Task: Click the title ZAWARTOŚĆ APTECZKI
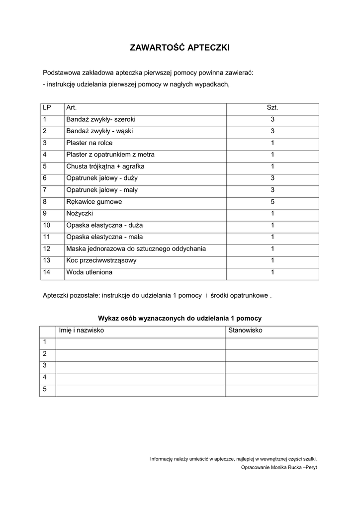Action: tap(180, 48)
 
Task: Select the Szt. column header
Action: tap(272, 108)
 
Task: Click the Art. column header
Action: tap(72, 108)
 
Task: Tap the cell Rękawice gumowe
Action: tap(94, 202)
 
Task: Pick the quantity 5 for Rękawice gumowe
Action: tap(272, 202)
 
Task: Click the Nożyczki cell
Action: tap(80, 214)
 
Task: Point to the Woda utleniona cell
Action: tap(90, 272)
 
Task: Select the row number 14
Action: tap(47, 272)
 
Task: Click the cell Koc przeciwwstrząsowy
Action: tap(101, 260)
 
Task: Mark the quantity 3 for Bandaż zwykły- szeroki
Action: tap(272, 120)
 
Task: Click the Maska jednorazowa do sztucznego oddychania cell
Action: tap(136, 249)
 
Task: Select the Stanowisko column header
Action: tap(245, 331)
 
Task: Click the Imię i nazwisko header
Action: tap(82, 331)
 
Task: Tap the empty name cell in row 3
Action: tap(141, 367)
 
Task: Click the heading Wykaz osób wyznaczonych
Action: tap(180, 318)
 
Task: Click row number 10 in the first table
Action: tap(47, 225)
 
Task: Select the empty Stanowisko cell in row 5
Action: tap(271, 390)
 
